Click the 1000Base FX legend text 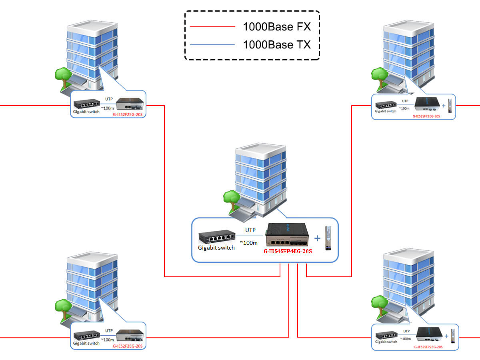[276, 27]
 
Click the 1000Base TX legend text [276, 44]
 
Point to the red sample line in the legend [212, 27]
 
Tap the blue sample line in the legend [212, 45]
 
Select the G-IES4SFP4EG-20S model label [287, 252]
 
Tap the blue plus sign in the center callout [318, 238]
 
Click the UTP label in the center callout [250, 230]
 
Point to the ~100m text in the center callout [248, 243]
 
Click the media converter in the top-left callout [130, 104]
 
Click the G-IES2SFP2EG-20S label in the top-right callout [426, 116]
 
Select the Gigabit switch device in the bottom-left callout [86, 335]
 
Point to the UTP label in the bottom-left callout [109, 330]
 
